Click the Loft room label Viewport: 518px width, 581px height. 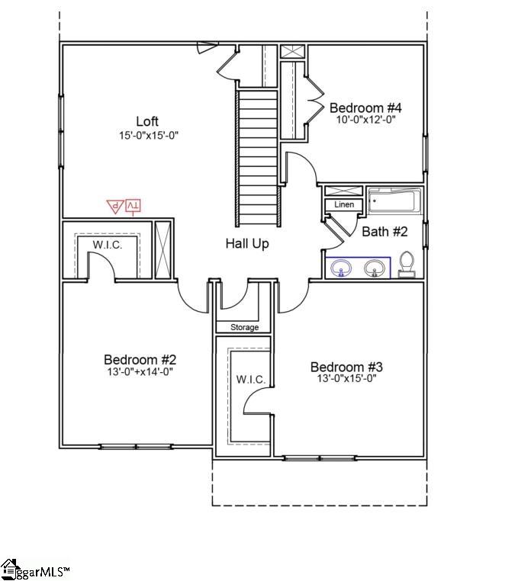click(148, 121)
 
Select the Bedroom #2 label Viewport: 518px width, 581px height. click(140, 359)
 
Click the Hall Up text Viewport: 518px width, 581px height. click(246, 244)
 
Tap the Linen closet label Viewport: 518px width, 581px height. click(344, 205)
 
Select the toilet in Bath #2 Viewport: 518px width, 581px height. click(407, 264)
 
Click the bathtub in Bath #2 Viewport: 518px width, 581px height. click(394, 202)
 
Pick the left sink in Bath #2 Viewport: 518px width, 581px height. click(341, 268)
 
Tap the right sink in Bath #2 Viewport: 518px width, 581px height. click(374, 268)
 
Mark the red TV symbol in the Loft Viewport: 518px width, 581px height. click(133, 205)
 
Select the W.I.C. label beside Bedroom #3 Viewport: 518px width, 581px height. click(249, 379)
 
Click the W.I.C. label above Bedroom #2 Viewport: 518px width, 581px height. click(108, 244)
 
